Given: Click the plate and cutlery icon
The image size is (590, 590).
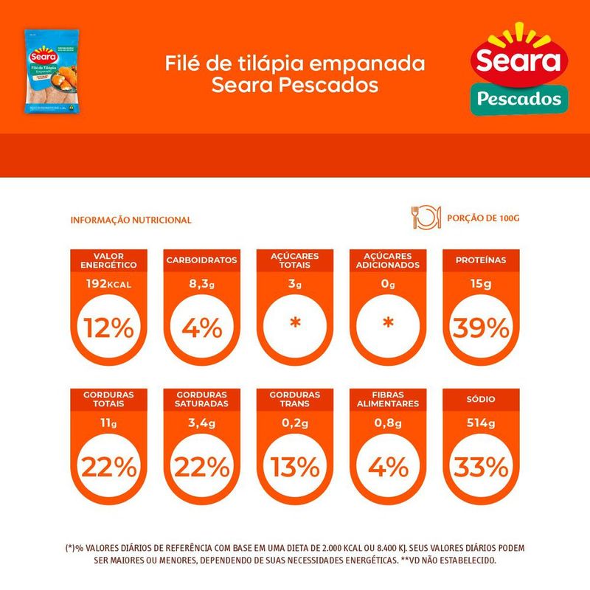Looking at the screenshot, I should (424, 218).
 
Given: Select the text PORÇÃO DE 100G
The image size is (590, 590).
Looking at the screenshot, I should (478, 219).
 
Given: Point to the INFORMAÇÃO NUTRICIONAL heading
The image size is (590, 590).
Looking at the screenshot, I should (131, 220).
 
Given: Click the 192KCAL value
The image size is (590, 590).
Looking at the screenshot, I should (108, 284).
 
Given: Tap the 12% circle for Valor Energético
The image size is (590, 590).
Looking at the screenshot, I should (108, 327).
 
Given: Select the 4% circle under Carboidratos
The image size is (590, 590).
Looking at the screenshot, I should (201, 327).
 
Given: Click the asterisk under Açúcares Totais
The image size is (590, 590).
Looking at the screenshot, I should (294, 324).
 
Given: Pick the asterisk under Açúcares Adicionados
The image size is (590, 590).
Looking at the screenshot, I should (387, 324).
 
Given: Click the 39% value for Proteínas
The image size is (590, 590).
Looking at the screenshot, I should (481, 327).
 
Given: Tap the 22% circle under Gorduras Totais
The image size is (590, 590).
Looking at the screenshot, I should (108, 467).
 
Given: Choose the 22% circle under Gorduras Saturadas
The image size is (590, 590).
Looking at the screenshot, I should (201, 467).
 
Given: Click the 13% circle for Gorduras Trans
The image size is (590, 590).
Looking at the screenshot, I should (294, 467).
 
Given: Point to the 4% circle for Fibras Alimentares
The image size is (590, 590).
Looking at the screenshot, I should (387, 467).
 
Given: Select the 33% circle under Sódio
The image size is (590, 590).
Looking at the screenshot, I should (481, 467).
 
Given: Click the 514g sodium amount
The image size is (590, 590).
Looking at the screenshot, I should (481, 424).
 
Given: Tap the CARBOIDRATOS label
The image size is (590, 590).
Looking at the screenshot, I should (201, 260).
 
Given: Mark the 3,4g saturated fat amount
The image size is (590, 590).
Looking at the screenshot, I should (201, 424).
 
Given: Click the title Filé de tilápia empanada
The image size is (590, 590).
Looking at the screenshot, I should (295, 63).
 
